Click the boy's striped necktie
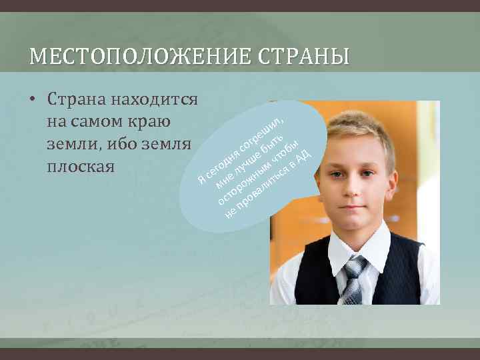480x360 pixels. [354, 281]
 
